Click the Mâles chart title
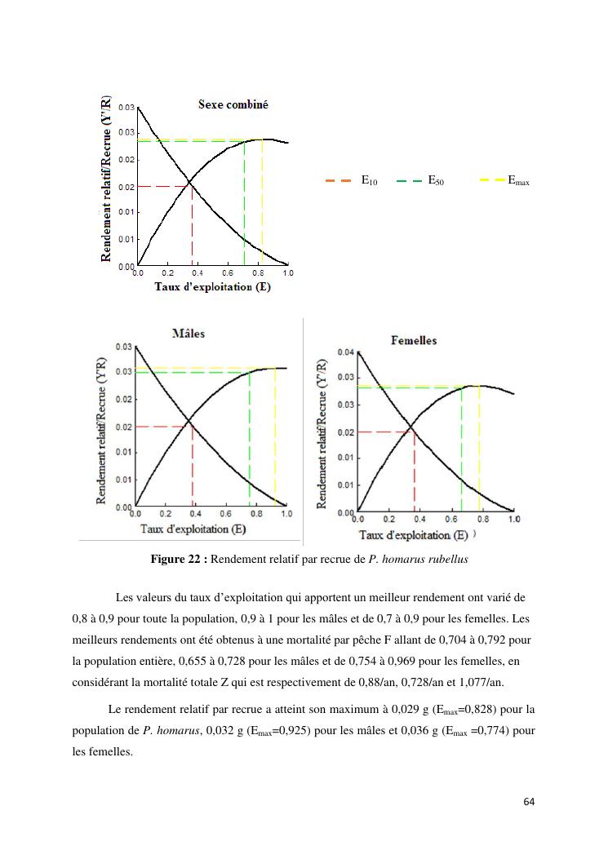tap(189, 334)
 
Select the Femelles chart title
tap(414, 340)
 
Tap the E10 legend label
tap(369, 182)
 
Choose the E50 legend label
tap(436, 182)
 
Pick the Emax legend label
tap(518, 182)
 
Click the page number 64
tap(528, 802)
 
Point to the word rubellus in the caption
tap(446, 559)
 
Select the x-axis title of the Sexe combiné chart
tap(213, 287)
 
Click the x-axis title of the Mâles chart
tap(193, 529)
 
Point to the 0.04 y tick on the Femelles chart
tap(345, 352)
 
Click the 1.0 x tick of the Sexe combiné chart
tap(288, 272)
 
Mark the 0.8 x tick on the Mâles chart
tap(255, 514)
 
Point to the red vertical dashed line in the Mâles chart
tap(193, 465)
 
